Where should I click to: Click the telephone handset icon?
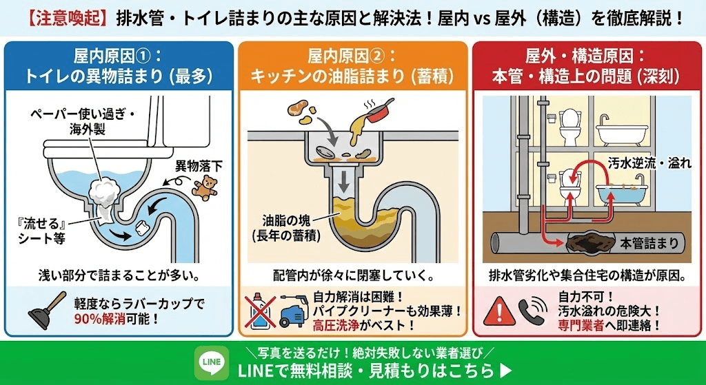[x=532, y=312]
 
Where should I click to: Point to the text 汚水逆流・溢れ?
[x=642, y=163]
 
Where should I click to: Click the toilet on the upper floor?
[x=570, y=124]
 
